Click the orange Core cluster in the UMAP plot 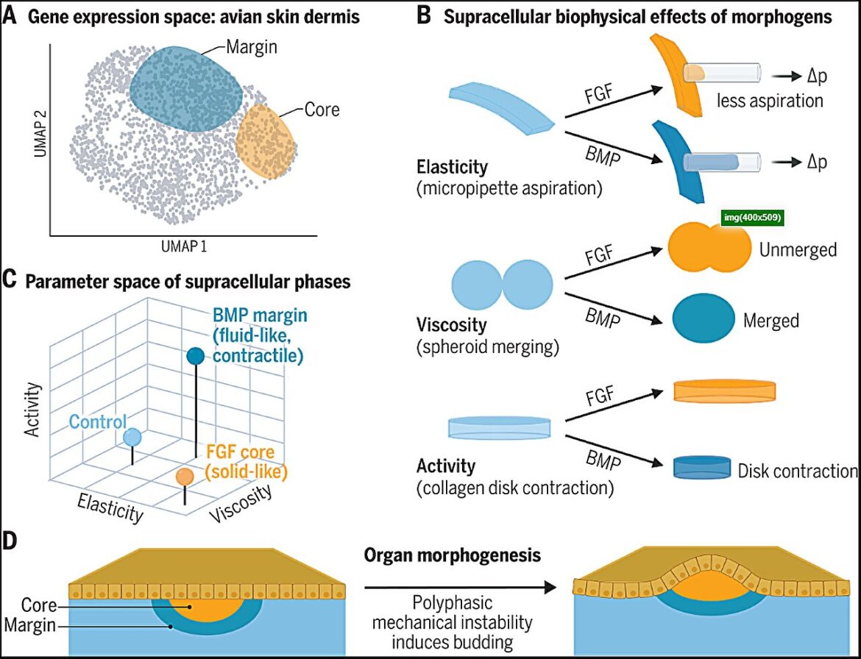coord(265,141)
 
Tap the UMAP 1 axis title coord(184,246)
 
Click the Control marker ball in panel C coord(133,438)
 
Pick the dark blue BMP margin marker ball coord(196,356)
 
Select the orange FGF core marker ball coord(185,477)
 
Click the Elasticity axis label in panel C coord(110,507)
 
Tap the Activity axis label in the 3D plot coord(34,410)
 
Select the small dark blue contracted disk coord(702,468)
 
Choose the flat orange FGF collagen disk coord(724,390)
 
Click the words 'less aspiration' coord(770,101)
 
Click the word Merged coord(771,321)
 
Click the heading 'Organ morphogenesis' coord(453,555)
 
